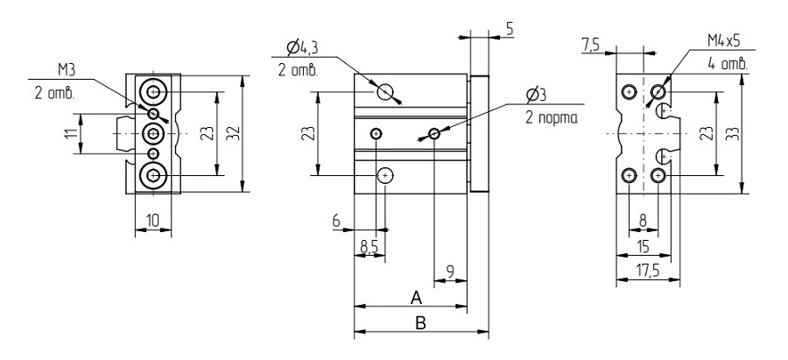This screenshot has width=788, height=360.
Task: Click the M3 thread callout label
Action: [x=67, y=70]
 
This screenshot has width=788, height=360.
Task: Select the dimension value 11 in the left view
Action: [x=72, y=134]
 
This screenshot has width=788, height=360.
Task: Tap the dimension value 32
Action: [x=234, y=134]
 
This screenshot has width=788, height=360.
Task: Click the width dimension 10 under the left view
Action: [x=152, y=221]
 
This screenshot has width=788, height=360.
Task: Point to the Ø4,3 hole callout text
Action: [x=302, y=48]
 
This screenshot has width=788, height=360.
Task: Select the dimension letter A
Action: [x=416, y=298]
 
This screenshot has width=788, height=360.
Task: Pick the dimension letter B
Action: [x=420, y=323]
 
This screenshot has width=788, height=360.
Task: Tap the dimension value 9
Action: [x=450, y=272]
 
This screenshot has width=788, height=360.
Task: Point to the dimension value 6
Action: [x=336, y=221]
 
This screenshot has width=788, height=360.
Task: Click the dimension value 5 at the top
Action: [x=510, y=29]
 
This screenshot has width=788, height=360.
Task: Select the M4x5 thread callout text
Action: [x=724, y=41]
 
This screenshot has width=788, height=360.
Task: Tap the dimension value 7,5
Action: [x=590, y=46]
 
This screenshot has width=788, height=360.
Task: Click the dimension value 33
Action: [x=734, y=134]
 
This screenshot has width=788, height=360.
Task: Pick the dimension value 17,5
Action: [x=647, y=271]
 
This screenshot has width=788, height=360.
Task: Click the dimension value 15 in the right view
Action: [x=643, y=246]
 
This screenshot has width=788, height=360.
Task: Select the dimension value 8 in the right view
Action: [x=644, y=221]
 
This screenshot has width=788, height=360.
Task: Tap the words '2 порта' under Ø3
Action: [x=552, y=118]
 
